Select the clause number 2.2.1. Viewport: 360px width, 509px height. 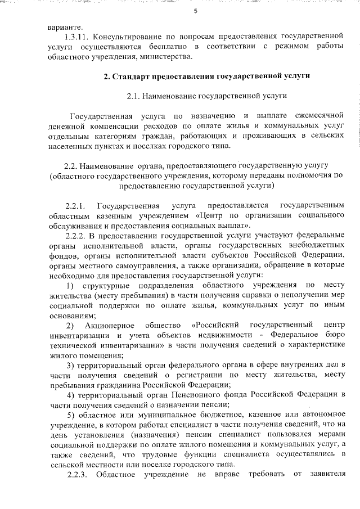[x=75, y=204]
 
